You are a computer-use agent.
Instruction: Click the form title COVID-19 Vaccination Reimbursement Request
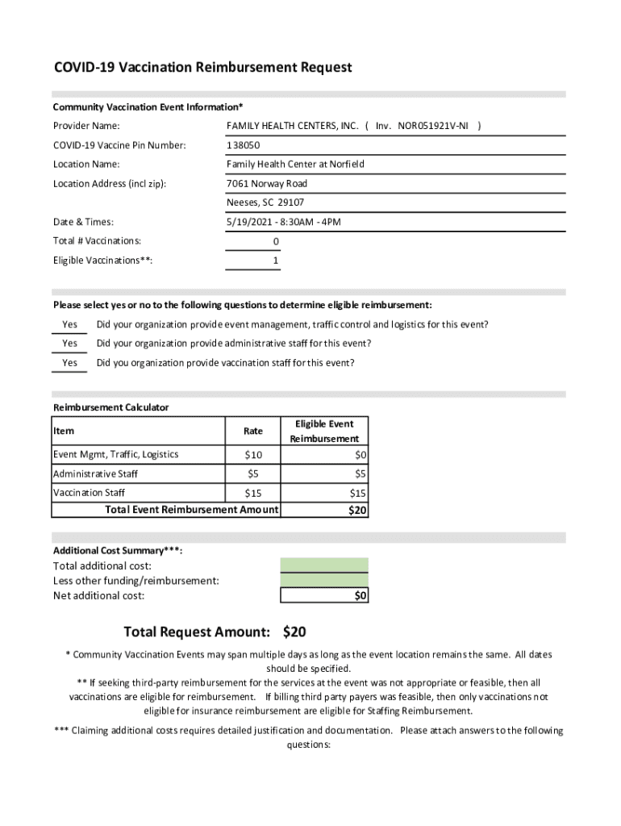202,68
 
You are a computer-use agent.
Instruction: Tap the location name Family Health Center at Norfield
295,165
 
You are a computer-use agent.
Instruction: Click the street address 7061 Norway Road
266,184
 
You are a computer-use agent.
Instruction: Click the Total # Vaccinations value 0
276,241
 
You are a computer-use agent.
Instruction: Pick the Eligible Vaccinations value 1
276,261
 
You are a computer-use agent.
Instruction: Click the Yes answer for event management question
70,325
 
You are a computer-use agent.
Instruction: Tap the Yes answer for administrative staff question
70,344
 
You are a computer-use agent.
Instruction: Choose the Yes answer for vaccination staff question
70,363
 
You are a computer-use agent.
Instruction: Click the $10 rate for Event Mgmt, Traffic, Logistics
253,455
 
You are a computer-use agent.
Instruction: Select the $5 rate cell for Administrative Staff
253,474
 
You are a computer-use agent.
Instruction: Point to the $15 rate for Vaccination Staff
253,493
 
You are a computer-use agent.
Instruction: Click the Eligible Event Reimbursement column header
324,431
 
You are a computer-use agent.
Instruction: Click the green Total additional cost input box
324,565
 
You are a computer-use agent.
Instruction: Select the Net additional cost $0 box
324,595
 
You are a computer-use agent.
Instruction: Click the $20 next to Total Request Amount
294,632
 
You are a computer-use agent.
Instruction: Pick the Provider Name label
86,126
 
